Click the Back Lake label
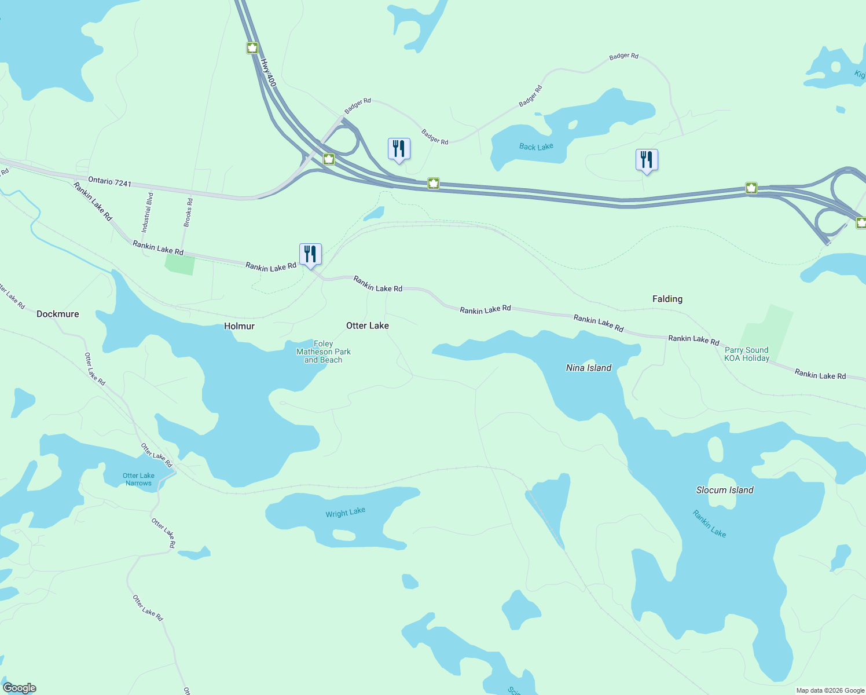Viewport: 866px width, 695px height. click(536, 147)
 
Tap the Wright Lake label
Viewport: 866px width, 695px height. click(345, 513)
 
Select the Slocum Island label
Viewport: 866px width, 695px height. click(725, 490)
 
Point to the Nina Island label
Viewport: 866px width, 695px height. click(589, 368)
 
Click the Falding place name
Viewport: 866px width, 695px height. click(667, 299)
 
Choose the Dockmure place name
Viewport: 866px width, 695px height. click(58, 314)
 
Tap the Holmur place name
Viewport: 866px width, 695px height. click(239, 326)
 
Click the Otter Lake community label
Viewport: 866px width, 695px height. click(368, 325)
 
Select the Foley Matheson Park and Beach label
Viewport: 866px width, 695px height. click(324, 352)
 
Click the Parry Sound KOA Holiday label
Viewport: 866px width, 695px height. click(747, 354)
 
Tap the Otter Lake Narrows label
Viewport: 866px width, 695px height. click(139, 479)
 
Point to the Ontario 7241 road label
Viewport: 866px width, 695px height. click(110, 182)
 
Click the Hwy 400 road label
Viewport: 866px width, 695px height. click(268, 73)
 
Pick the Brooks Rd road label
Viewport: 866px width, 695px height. click(188, 212)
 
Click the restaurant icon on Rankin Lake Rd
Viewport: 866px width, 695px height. click(310, 254)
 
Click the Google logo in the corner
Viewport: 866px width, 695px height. click(20, 688)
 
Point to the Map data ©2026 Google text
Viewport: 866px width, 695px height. click(830, 690)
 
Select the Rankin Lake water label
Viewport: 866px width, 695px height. click(709, 523)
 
